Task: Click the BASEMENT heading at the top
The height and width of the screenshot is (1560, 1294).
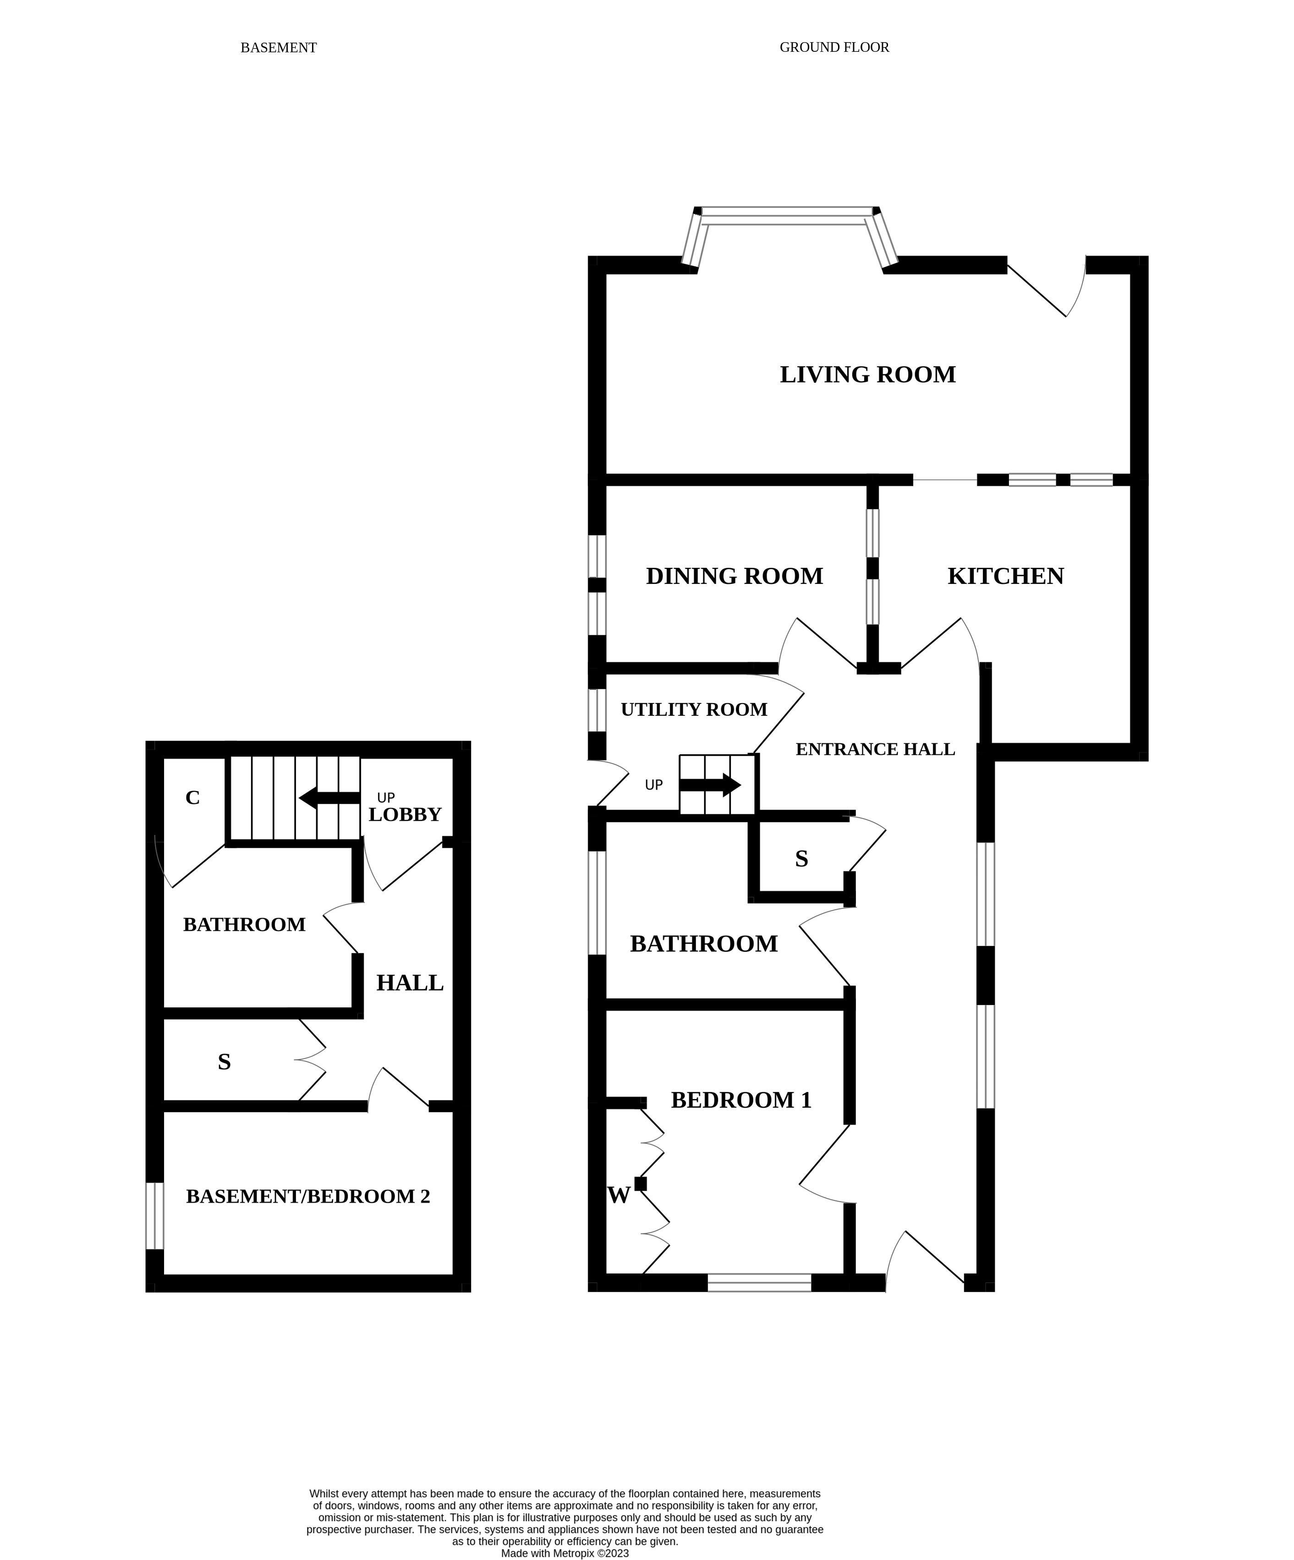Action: tap(279, 48)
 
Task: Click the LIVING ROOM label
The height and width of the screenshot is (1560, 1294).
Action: tap(867, 374)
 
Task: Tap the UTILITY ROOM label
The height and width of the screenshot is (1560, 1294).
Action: tap(694, 709)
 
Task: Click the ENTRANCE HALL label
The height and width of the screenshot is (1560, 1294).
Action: tap(875, 749)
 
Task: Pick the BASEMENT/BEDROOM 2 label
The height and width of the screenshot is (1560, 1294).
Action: tap(307, 1196)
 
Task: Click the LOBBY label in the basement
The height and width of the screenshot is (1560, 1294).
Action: tap(405, 814)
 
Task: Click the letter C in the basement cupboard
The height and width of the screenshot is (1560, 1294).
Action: tap(192, 798)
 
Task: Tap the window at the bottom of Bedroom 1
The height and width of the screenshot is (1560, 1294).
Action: tap(759, 1282)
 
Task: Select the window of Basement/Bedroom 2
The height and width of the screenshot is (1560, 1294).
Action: tap(154, 1216)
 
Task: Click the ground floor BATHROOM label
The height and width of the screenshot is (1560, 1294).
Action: tap(703, 944)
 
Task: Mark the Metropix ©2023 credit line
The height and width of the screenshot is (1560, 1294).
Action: tap(565, 1553)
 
